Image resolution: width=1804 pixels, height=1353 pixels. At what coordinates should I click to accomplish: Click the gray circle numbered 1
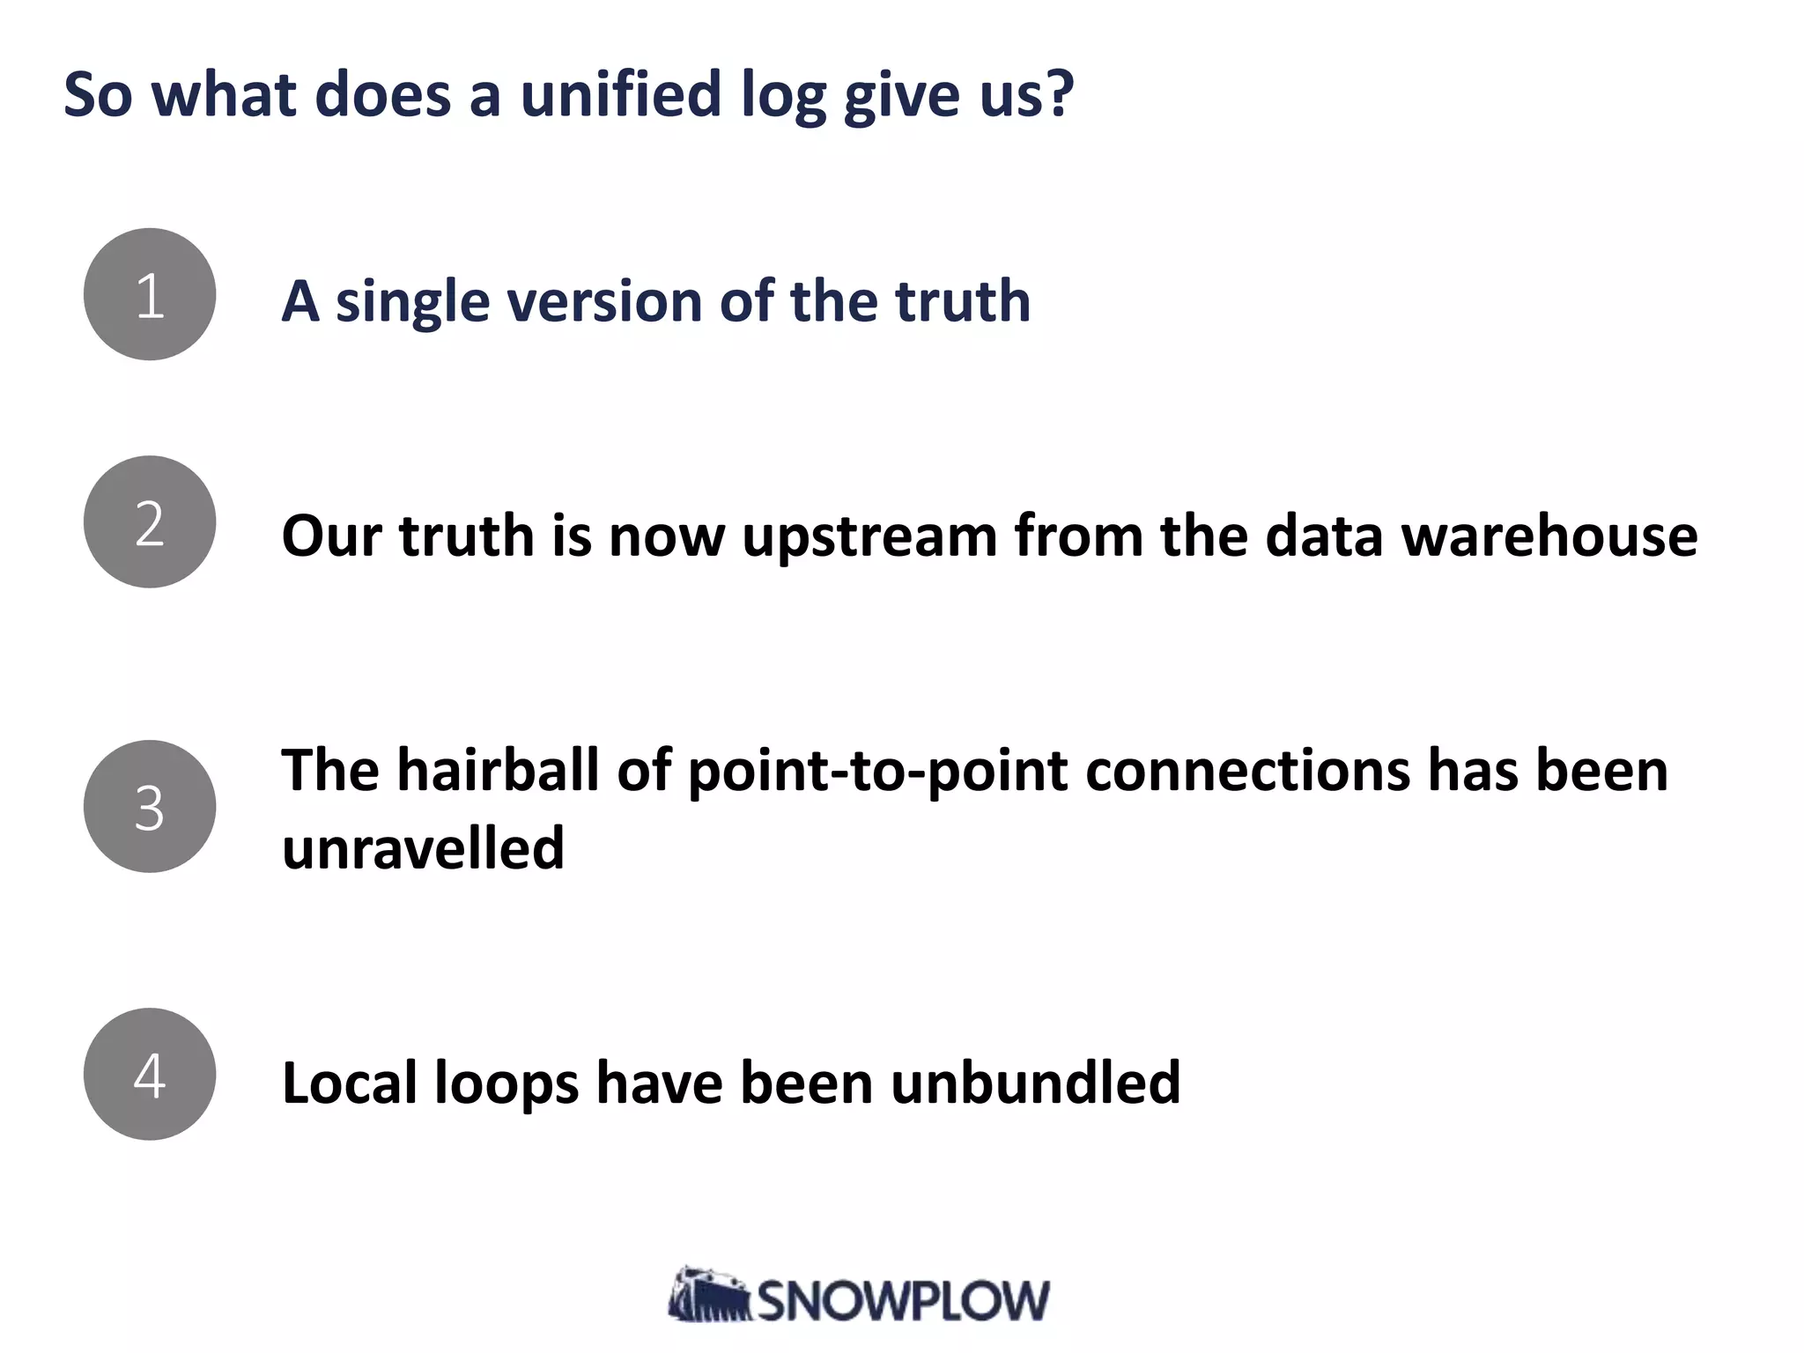click(x=150, y=294)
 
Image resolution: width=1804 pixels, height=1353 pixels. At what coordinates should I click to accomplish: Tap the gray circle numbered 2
click(x=150, y=521)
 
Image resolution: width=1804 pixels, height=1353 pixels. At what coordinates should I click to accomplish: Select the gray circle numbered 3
click(x=150, y=806)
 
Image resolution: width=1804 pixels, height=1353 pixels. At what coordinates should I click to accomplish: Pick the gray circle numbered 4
click(x=150, y=1074)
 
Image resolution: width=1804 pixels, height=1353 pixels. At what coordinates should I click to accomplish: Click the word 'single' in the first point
click(x=412, y=302)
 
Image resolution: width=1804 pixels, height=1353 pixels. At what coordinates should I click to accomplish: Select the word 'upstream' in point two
click(x=869, y=536)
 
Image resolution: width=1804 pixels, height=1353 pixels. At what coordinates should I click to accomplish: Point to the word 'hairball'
click(x=498, y=771)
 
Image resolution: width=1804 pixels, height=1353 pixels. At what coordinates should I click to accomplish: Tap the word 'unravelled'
click(x=423, y=847)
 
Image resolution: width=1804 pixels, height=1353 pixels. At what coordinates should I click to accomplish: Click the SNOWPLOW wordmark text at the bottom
click(x=903, y=1301)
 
